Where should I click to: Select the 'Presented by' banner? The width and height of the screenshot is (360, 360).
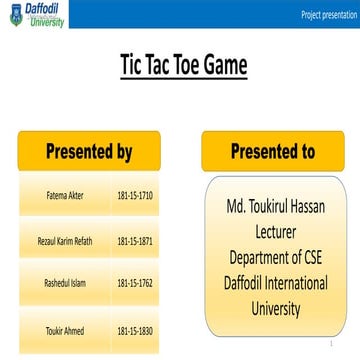coord(90,152)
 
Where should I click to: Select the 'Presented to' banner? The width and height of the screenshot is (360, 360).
coord(273,152)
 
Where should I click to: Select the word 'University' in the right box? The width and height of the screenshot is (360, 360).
coord(275,308)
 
